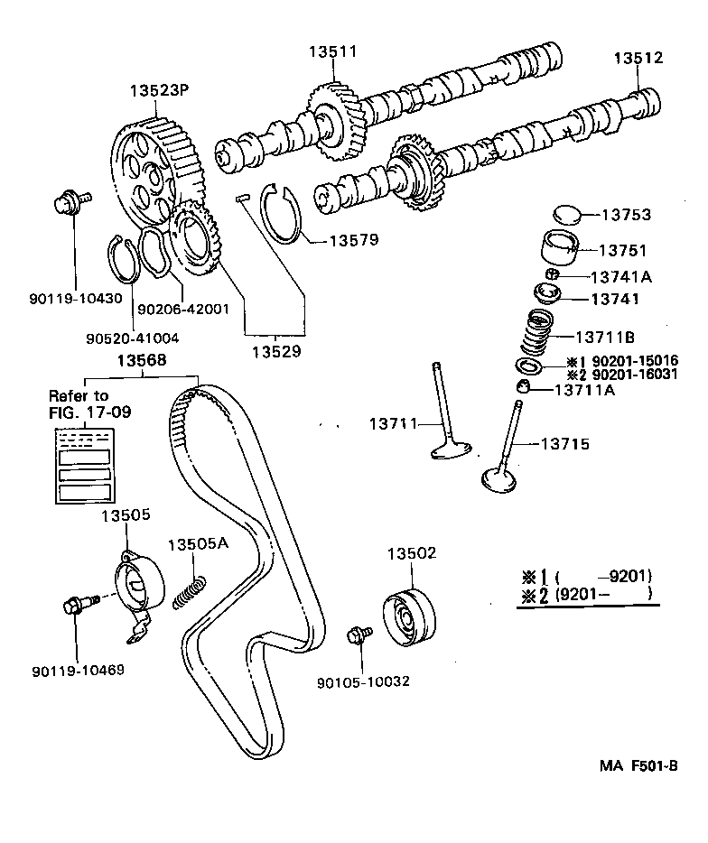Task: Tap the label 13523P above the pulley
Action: click(x=159, y=91)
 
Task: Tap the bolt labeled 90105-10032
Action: click(x=358, y=636)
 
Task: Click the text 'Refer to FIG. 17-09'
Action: click(x=79, y=403)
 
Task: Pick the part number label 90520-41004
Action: click(x=133, y=338)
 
